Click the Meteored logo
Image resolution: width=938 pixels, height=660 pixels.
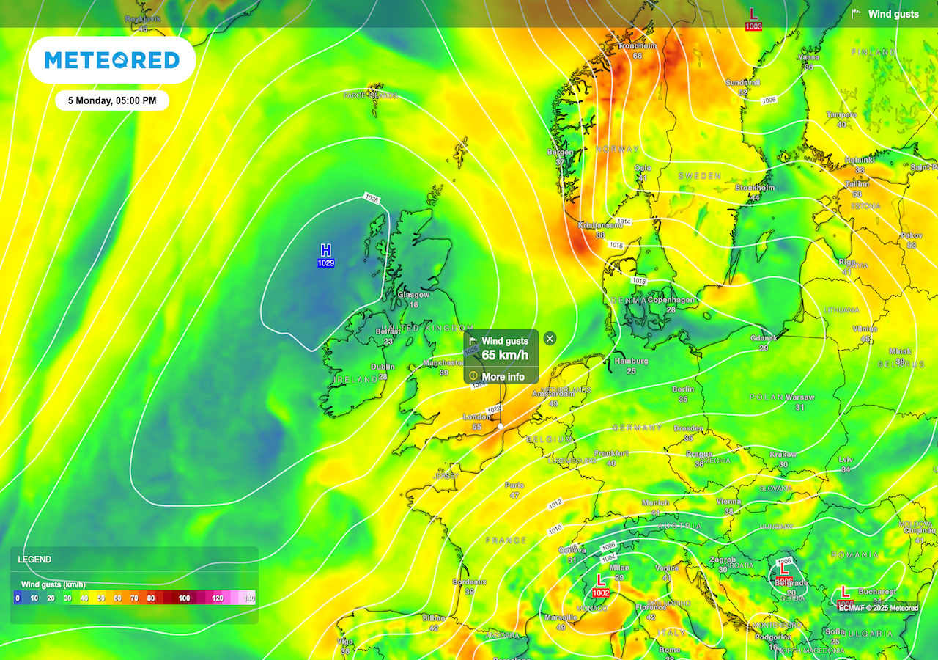tap(112, 60)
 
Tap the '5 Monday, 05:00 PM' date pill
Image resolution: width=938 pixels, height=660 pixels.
tap(112, 100)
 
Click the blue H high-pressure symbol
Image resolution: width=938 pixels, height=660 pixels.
tap(326, 251)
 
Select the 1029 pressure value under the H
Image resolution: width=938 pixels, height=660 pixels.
tap(326, 263)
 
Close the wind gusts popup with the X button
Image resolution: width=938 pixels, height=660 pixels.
tap(550, 338)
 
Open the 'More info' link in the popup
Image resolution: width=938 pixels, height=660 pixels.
tap(503, 377)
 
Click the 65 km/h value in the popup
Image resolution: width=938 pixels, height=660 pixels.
tap(504, 356)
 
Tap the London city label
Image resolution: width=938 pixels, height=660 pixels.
tap(476, 417)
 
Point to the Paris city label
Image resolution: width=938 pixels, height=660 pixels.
tap(514, 485)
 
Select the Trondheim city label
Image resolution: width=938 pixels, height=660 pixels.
tap(636, 45)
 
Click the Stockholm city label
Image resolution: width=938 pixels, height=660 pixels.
tap(754, 188)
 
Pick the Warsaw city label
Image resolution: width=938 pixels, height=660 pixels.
tap(799, 397)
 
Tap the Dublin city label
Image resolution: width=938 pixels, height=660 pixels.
tap(383, 367)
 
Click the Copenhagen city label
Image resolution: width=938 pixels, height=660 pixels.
tap(671, 300)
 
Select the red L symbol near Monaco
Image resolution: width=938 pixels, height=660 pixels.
tap(601, 580)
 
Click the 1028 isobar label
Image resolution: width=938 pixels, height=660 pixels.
tap(373, 198)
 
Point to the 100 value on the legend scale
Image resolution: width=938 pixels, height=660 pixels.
tap(184, 598)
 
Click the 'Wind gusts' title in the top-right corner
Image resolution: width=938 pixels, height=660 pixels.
tap(893, 14)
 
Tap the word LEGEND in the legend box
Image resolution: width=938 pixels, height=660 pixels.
tap(34, 560)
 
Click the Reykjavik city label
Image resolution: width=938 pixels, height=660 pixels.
tap(142, 19)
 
